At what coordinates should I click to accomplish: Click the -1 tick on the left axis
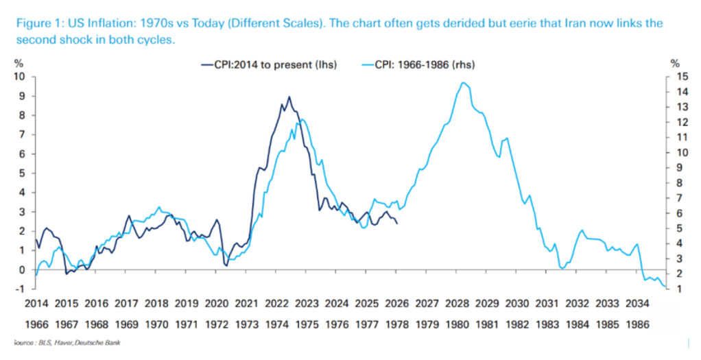pyautogui.click(x=20, y=289)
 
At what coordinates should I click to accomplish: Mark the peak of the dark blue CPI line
pyautogui.click(x=289, y=97)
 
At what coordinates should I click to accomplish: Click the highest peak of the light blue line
pyautogui.click(x=464, y=83)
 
